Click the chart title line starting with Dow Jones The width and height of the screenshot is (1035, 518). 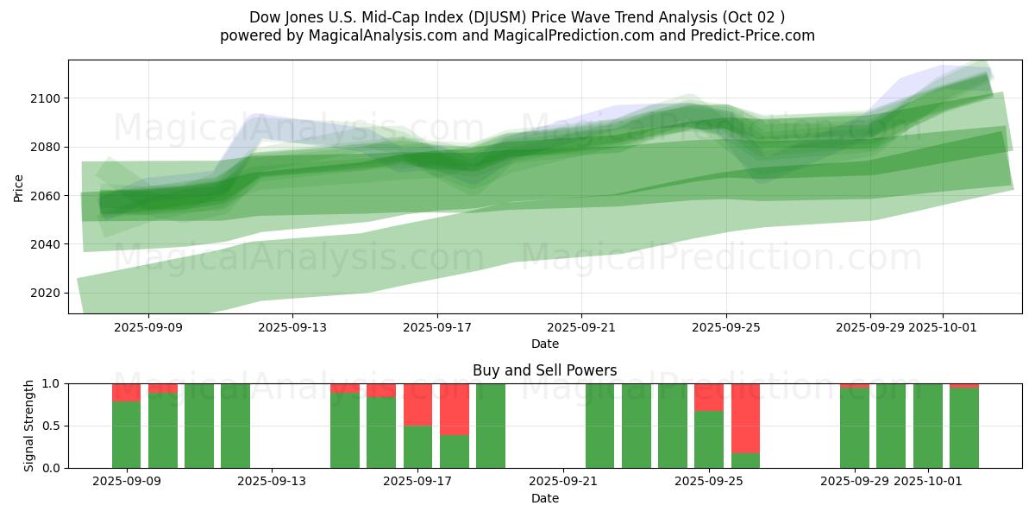[517, 17]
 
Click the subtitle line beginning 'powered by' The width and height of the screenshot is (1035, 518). [517, 35]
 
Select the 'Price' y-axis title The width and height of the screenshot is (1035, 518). [19, 187]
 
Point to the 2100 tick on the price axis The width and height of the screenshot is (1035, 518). [44, 98]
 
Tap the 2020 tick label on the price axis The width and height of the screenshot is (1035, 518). [44, 294]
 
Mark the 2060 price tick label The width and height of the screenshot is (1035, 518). [44, 196]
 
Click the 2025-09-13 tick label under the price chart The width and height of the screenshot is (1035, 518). [292, 327]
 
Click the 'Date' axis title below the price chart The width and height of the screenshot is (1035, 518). [544, 344]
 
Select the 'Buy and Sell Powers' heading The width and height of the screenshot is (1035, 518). [544, 370]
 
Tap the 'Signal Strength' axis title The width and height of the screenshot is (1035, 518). [29, 426]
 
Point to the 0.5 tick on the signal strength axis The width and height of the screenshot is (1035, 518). [51, 426]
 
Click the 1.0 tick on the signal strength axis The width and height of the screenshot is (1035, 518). [51, 383]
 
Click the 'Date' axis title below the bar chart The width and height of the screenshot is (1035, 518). [544, 498]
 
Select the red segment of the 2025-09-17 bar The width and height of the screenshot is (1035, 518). [418, 404]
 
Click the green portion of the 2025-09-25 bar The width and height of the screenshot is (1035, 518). [709, 439]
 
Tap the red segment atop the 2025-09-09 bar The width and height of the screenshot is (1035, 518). [127, 392]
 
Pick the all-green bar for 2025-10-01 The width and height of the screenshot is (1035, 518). [928, 426]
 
